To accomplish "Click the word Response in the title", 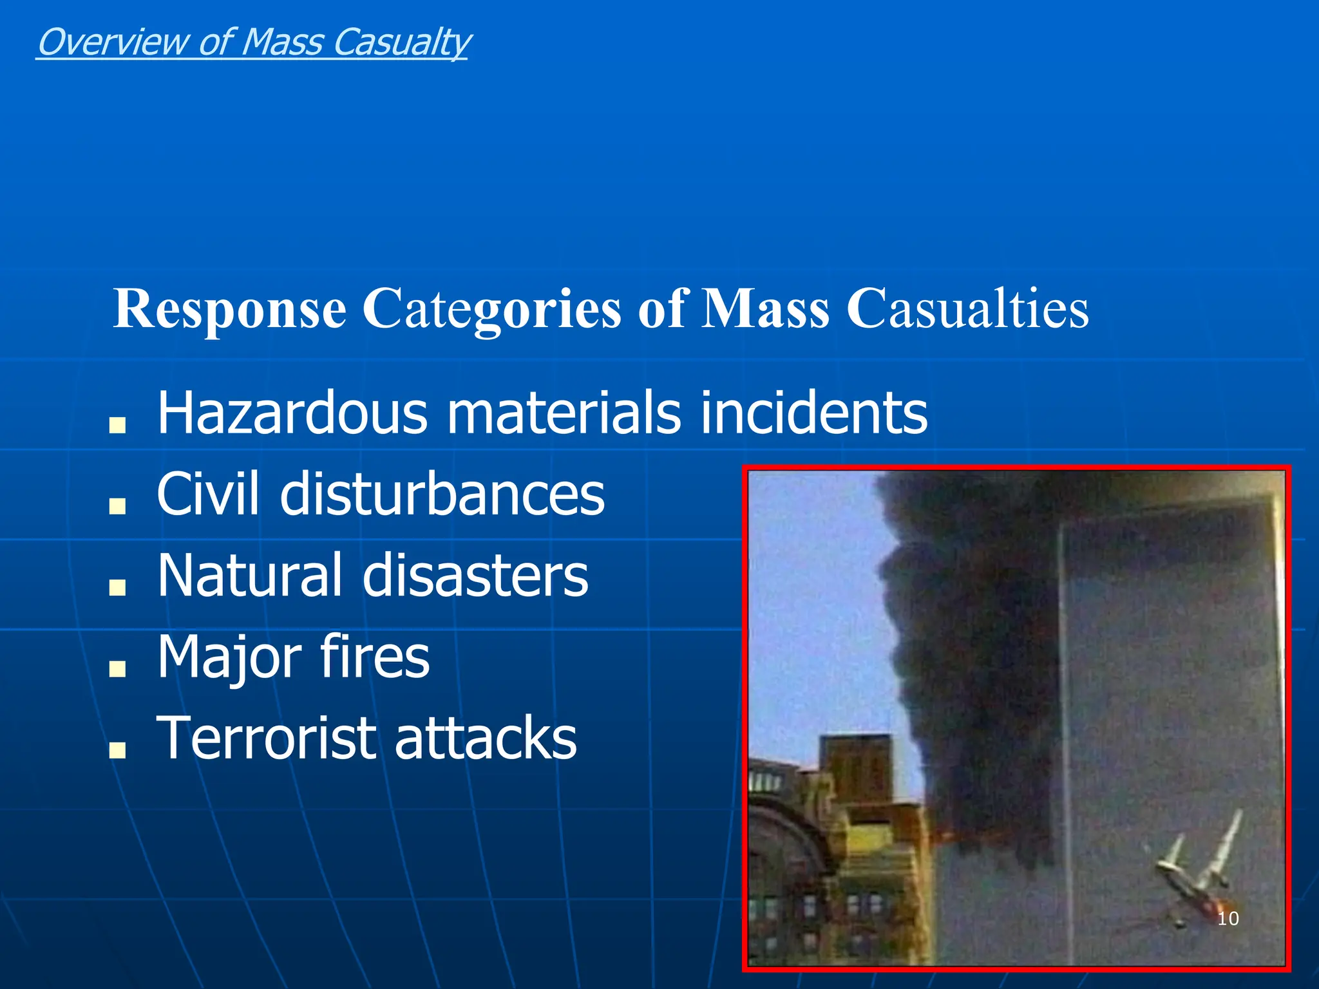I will click(x=230, y=310).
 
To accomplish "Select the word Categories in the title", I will click(x=491, y=310).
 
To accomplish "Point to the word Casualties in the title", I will click(x=967, y=310).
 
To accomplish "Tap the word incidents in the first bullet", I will click(x=813, y=413).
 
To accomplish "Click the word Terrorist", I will click(x=265, y=738).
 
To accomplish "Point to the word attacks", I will click(x=486, y=738).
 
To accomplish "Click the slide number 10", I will click(x=1228, y=918).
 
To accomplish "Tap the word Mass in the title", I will click(x=764, y=310).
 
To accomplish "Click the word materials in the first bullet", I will click(x=564, y=413).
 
